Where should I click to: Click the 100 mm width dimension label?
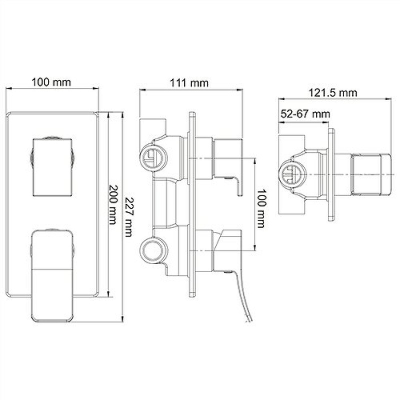pos(51,82)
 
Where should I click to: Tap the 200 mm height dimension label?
pos(113,204)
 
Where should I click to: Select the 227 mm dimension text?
pos(129,217)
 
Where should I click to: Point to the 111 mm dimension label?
pos(189,83)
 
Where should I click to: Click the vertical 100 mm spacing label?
pos(261,208)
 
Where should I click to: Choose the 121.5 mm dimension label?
pos(333,92)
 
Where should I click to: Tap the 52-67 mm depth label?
pos(305,114)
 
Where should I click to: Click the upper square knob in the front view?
pos(52,167)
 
